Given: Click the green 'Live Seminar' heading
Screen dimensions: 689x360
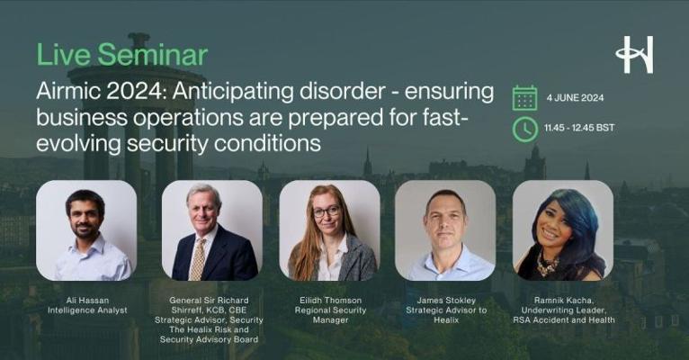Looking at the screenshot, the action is [122, 55].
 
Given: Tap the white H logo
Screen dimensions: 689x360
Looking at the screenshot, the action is [634, 55].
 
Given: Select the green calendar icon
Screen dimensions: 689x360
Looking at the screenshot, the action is [524, 98].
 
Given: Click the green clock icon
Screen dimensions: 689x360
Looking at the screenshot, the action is [524, 130].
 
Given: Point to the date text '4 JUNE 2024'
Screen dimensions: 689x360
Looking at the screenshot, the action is [575, 98].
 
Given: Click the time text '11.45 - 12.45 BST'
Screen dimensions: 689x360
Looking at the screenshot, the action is [579, 128].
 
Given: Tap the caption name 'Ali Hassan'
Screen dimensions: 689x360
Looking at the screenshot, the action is [87, 301].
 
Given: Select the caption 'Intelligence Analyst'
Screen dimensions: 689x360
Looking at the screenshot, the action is [87, 310].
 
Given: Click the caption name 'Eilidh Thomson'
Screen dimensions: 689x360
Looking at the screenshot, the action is [330, 301].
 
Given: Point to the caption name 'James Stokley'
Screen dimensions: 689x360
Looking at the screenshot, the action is [446, 301].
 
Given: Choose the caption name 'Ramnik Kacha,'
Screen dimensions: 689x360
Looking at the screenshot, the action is [564, 301].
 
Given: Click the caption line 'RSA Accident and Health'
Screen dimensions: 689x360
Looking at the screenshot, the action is [564, 320].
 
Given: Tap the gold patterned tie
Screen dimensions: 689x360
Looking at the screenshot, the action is [198, 260].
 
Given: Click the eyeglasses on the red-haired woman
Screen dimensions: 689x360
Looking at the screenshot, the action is [326, 211].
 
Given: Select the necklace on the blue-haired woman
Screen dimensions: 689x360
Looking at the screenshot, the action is [547, 265].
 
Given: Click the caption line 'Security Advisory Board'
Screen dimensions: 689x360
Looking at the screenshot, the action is [209, 339].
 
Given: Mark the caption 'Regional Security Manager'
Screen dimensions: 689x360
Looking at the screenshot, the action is [330, 315].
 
